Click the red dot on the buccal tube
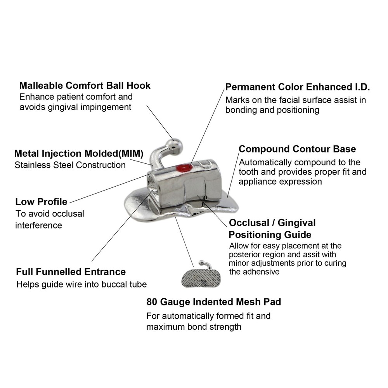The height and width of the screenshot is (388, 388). click(x=182, y=168)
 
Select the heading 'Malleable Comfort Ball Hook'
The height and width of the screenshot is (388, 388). click(x=85, y=86)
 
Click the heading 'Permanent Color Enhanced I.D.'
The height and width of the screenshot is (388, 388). click(x=298, y=87)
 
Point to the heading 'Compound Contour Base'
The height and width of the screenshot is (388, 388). click(x=297, y=149)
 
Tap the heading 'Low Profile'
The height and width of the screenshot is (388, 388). click(x=42, y=202)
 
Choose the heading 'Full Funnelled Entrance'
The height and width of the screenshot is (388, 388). click(x=71, y=272)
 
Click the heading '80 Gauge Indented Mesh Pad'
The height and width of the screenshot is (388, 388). click(x=214, y=302)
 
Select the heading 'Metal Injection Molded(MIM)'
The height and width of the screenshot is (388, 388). click(x=79, y=154)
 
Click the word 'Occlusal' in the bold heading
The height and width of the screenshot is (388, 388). click(x=249, y=223)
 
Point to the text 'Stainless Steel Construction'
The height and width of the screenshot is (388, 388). click(x=70, y=165)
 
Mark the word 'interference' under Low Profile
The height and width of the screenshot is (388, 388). click(x=38, y=225)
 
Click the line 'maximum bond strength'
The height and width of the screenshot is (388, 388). click(x=194, y=327)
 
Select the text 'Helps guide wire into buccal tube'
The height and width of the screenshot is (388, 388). click(x=81, y=284)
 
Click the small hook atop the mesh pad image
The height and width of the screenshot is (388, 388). click(x=206, y=264)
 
